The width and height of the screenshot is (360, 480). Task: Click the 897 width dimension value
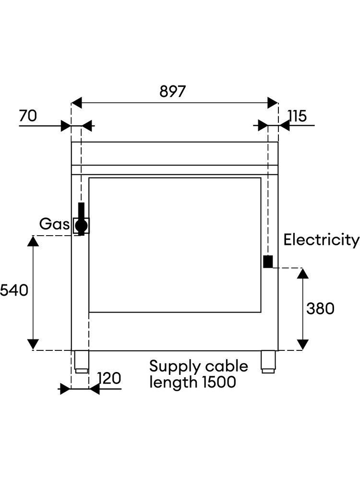click(173, 91)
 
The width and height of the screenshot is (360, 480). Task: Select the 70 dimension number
click(28, 116)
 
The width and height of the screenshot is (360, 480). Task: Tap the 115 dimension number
click(297, 116)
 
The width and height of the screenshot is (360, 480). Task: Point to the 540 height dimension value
click(14, 290)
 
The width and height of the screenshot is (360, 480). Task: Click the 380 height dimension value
click(320, 309)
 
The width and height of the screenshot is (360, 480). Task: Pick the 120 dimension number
click(109, 378)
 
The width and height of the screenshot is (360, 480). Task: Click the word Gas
click(55, 224)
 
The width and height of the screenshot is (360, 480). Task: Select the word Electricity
click(322, 240)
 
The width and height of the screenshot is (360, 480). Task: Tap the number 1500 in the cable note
click(219, 382)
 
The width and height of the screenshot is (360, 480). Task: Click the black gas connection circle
click(82, 226)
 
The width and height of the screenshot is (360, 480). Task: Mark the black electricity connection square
click(268, 262)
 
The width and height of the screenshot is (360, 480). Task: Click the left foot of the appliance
click(82, 362)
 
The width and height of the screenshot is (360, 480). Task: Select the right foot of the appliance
click(268, 362)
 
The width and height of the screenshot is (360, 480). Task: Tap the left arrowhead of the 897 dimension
click(77, 103)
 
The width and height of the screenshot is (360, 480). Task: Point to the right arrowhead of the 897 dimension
click(273, 103)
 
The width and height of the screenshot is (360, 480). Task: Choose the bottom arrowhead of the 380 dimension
click(303, 344)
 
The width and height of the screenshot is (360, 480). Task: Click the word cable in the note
click(227, 366)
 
